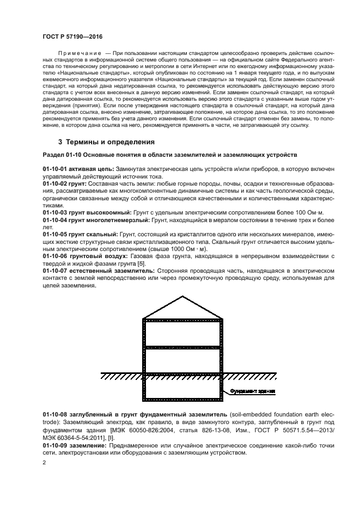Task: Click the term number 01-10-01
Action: (54, 170)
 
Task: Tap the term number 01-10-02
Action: (54, 185)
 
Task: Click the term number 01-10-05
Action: (54, 234)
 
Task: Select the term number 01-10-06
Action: (54, 255)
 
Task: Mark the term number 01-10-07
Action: (54, 269)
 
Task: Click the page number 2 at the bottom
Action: (45, 463)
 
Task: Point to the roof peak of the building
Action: (183, 296)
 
